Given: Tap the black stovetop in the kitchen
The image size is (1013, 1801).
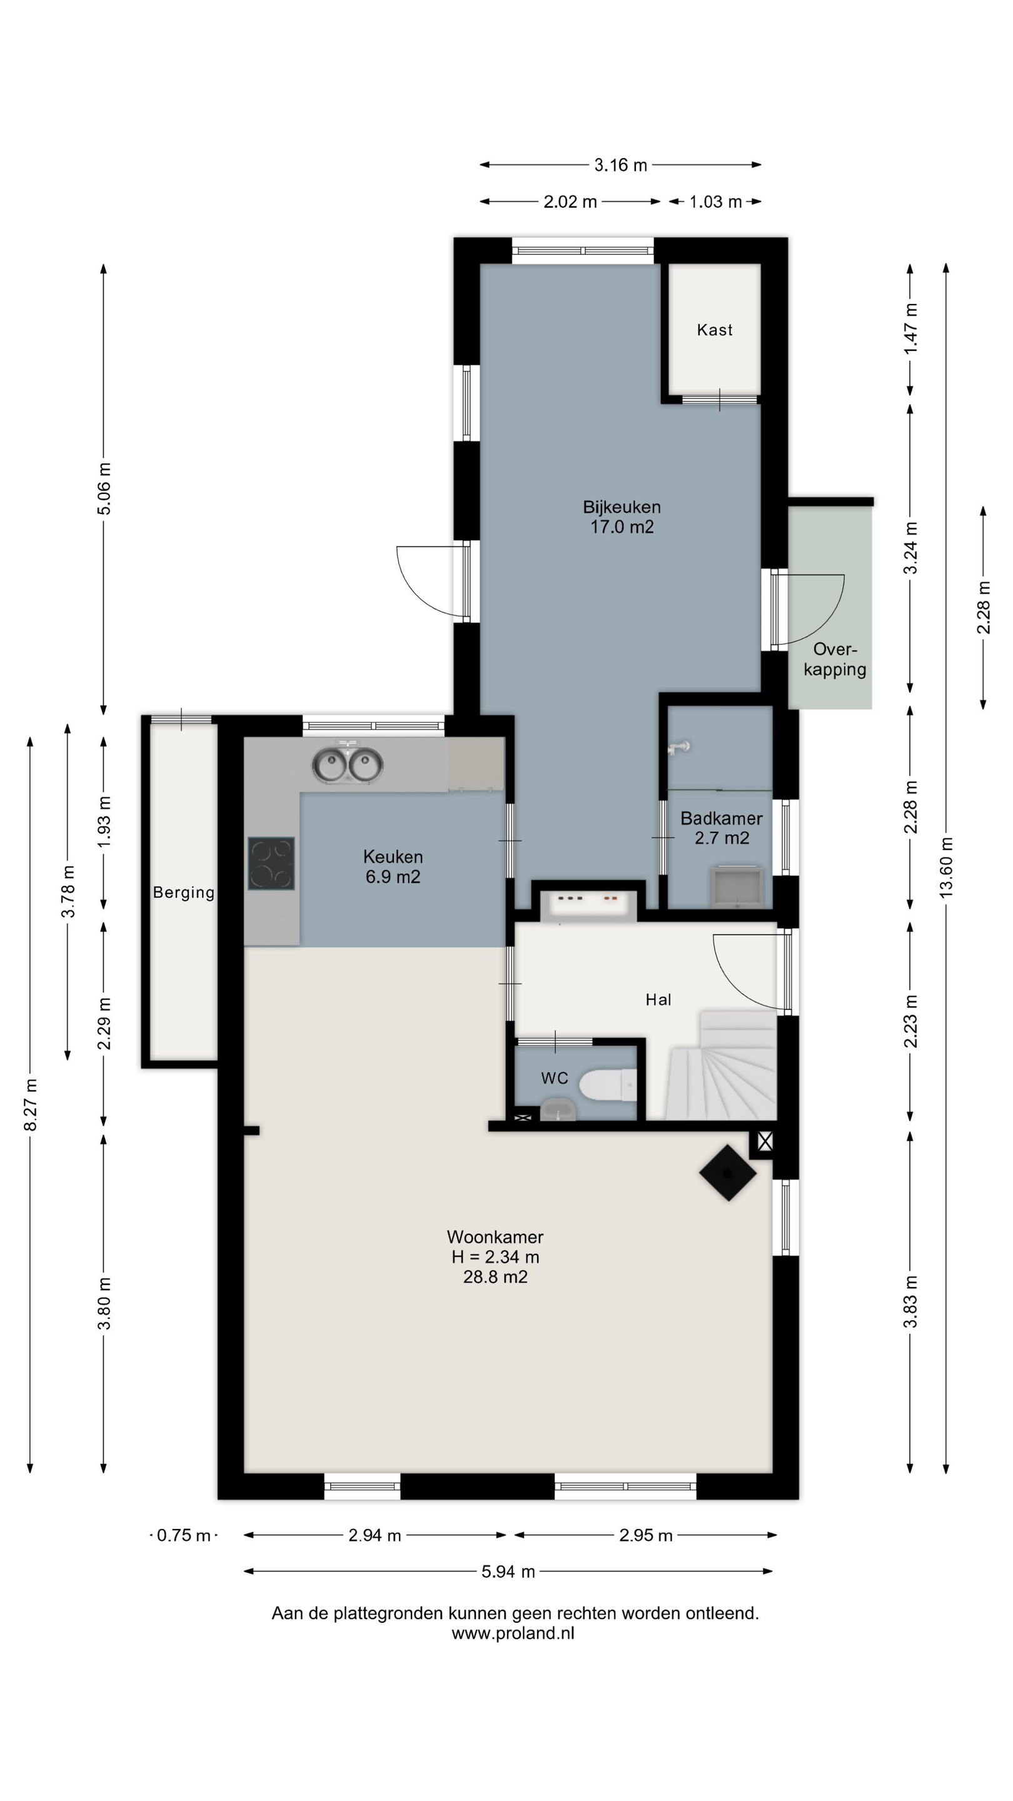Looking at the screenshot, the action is [271, 864].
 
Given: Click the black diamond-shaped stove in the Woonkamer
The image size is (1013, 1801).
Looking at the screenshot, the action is [728, 1173].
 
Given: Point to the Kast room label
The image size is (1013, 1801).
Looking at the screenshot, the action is [715, 330].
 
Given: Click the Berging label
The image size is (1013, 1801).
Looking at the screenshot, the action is [184, 892].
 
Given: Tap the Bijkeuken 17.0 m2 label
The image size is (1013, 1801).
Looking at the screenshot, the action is [622, 517].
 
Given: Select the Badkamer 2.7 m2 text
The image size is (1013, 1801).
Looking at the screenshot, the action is [722, 828].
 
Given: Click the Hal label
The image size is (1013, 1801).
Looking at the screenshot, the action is [658, 1000].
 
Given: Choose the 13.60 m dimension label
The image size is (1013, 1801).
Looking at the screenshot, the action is [946, 867].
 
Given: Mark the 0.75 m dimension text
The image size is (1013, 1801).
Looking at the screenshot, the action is [183, 1535].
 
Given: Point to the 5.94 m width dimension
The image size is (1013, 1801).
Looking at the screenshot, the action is [508, 1571].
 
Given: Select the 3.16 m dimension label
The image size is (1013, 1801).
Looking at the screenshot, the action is [621, 165].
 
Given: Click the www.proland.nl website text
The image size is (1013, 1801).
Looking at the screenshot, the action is [513, 1633].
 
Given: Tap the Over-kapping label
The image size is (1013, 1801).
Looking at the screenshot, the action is [835, 659].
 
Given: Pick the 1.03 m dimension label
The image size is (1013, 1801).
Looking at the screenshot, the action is [715, 202].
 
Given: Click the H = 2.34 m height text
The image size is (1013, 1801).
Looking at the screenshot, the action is [495, 1257].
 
